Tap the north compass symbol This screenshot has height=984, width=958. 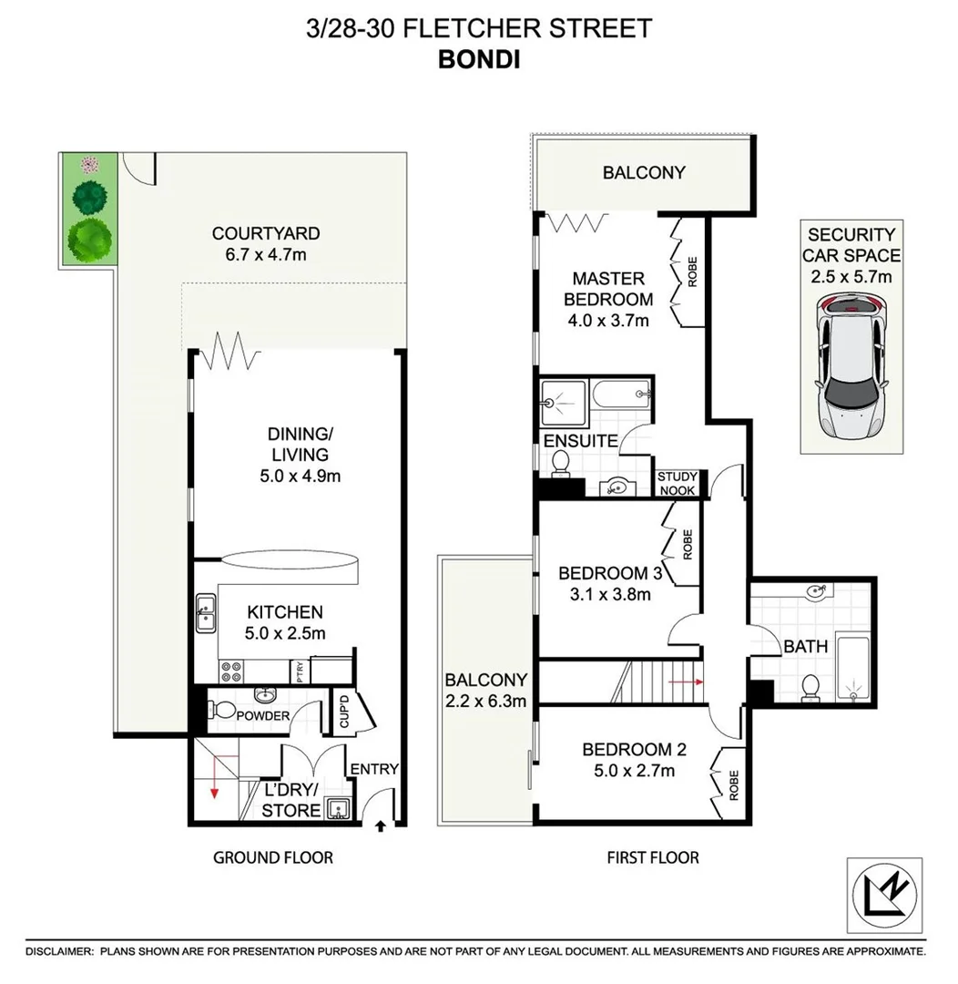coord(883,897)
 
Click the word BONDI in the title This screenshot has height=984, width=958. coord(479,58)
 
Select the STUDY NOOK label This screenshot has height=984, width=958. coord(678,484)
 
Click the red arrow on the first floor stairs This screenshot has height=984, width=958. coord(686,681)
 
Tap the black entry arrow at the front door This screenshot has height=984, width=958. coord(380,825)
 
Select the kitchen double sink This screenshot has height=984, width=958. coord(206,613)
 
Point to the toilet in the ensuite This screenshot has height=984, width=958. coord(559,466)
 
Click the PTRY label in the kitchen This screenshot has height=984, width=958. coord(300,672)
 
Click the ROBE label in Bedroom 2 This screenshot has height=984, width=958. coord(733,784)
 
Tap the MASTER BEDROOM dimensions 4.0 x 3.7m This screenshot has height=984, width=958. coord(607,320)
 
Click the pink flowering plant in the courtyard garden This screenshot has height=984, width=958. coord(89,165)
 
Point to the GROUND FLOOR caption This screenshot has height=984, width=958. coord(273,857)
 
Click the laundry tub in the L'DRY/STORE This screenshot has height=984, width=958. coord(336,808)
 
